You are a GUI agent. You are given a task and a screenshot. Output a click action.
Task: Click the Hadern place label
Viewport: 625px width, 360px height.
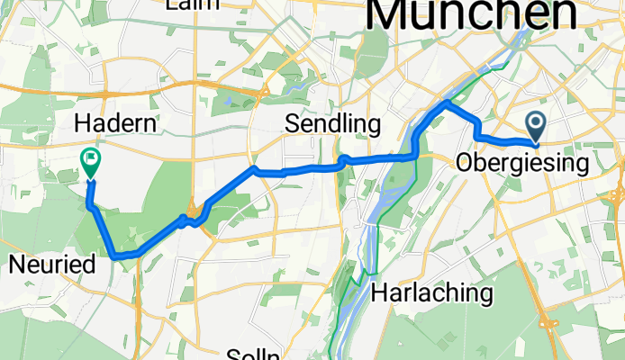pos(118,122)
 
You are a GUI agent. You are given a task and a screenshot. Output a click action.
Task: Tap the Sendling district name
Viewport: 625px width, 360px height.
pos(332,123)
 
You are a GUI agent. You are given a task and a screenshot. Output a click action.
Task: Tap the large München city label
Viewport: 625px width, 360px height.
pos(473,13)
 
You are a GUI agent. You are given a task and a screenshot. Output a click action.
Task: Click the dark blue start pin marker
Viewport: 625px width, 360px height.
pos(535,124)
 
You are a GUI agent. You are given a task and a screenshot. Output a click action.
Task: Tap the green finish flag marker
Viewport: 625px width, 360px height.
pos(91,161)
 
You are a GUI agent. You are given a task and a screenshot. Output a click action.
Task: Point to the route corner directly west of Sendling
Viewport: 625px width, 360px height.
pos(254,168)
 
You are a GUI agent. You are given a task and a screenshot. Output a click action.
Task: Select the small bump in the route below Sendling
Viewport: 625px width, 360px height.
pos(343,159)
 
